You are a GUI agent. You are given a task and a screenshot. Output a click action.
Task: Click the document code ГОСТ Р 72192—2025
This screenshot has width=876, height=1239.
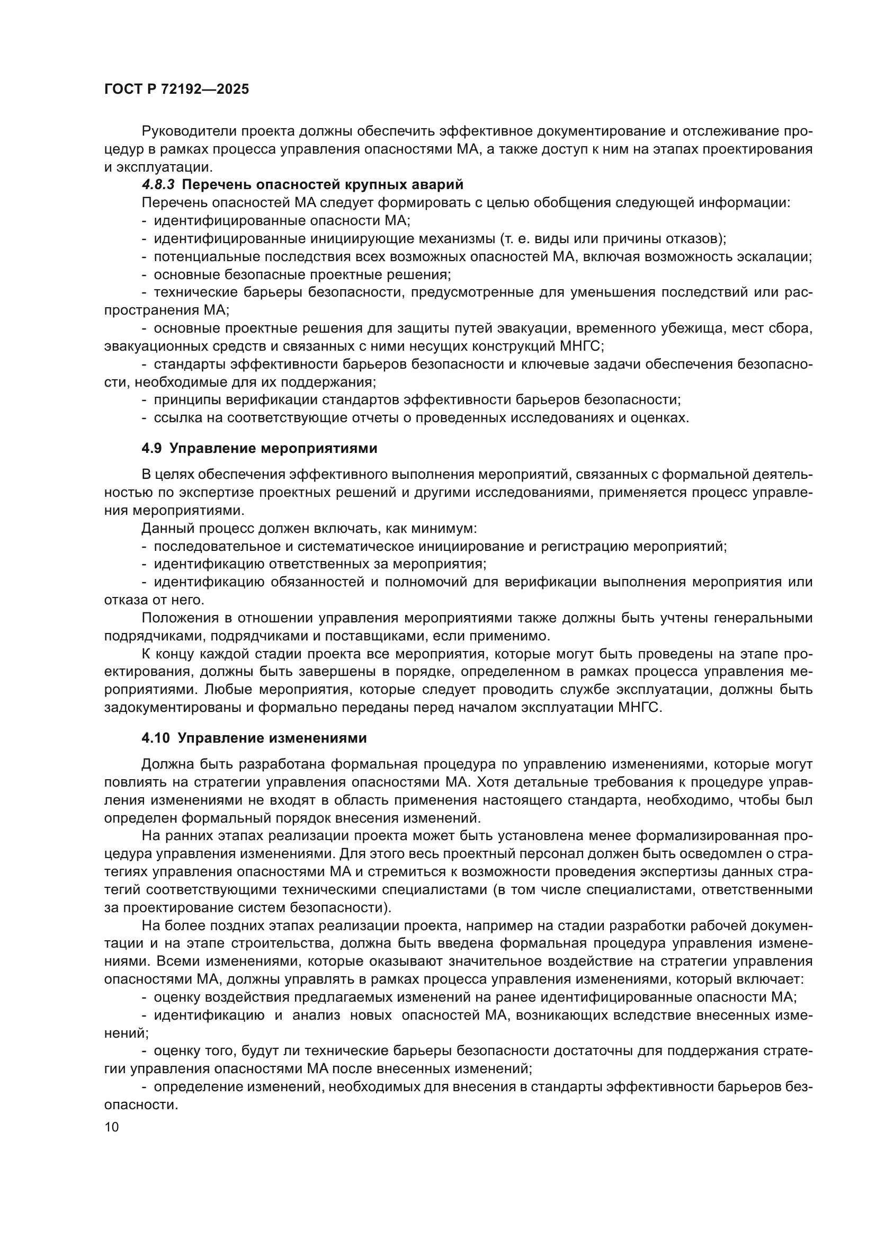[176, 90]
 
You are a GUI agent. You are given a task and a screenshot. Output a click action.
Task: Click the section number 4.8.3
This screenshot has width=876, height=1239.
[158, 185]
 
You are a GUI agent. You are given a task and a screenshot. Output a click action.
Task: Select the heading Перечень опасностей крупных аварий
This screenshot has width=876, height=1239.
[323, 185]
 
